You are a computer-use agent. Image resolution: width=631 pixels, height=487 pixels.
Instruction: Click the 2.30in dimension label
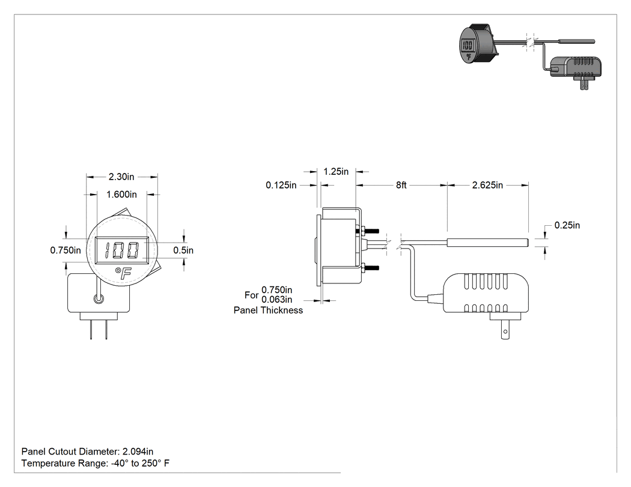[121, 177]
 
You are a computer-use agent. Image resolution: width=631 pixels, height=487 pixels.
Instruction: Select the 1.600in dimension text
[121, 195]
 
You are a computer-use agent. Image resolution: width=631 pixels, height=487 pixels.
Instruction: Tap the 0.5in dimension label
[183, 250]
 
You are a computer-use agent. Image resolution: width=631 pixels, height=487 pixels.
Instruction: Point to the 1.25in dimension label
[336, 172]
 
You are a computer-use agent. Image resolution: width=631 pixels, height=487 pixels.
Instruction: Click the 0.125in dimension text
[281, 185]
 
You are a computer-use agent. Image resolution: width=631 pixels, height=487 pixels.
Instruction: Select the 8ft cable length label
[401, 185]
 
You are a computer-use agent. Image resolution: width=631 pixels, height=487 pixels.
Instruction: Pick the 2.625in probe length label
[487, 185]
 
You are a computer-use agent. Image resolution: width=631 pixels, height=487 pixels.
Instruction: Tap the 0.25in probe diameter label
[567, 225]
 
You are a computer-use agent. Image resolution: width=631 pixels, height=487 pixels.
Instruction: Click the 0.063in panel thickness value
[277, 300]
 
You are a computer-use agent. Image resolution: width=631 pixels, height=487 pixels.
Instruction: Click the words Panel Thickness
[269, 310]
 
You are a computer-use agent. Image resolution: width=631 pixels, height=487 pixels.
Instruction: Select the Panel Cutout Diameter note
[87, 452]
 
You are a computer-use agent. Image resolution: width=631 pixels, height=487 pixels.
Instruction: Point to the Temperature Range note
[96, 463]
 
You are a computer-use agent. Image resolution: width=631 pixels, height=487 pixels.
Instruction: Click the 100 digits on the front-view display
[122, 250]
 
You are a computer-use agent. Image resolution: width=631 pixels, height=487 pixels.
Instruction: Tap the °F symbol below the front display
[123, 273]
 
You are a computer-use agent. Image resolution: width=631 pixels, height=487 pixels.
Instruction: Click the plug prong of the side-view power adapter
[505, 330]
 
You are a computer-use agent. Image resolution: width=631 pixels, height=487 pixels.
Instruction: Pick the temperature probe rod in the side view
[487, 242]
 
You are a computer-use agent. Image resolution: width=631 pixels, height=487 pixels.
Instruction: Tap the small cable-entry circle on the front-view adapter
[99, 299]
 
